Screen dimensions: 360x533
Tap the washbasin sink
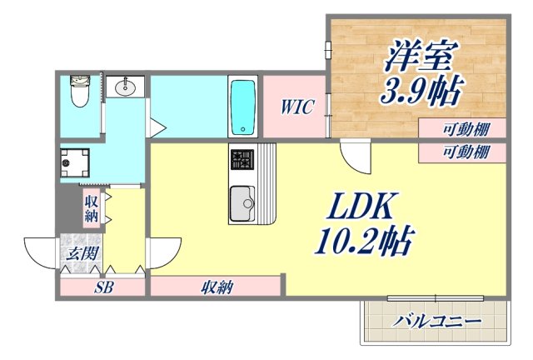pos(127,87)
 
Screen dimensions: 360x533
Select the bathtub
pos(242,107)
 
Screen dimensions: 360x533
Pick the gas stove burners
pos(243,158)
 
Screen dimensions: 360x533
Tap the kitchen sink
pos(244,202)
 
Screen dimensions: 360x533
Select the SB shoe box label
pos(103,288)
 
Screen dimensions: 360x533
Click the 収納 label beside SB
pos(217,288)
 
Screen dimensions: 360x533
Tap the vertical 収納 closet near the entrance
pos(92,208)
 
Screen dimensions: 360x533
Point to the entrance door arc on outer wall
pos(40,252)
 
